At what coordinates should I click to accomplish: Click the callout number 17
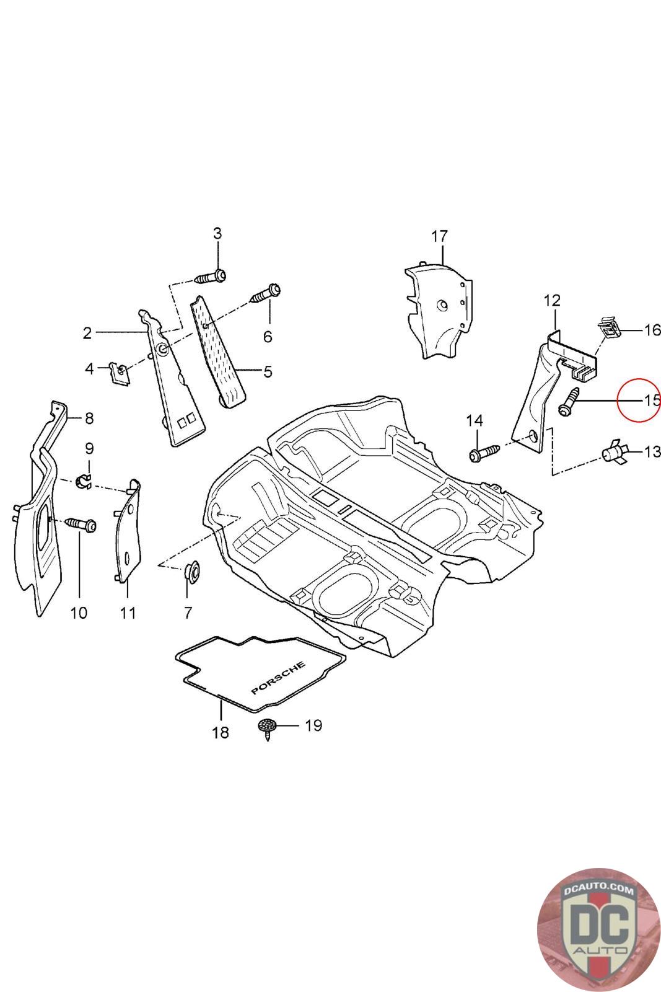tap(439, 236)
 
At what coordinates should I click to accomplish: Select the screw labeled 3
tap(210, 277)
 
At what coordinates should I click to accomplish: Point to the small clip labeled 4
tap(120, 373)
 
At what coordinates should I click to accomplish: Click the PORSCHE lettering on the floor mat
tap(278, 678)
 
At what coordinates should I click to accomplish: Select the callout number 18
tap(221, 732)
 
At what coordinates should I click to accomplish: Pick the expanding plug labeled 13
tap(615, 453)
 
